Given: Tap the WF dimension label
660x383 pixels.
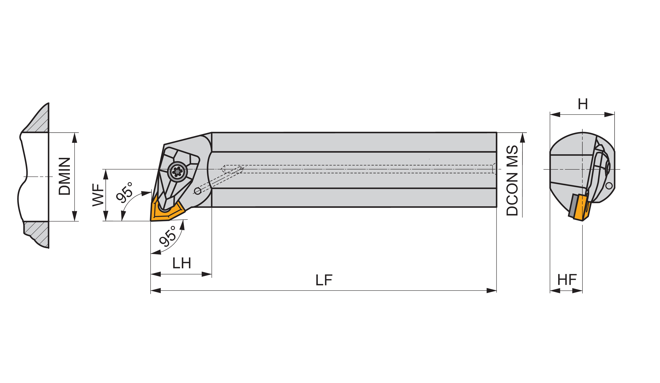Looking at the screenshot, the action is (x=98, y=195).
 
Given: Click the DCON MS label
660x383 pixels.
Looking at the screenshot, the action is (x=512, y=181).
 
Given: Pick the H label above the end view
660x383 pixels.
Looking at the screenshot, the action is (x=583, y=104).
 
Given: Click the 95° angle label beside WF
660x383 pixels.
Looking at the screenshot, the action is (x=124, y=193).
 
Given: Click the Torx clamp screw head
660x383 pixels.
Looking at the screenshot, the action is (x=178, y=172).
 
